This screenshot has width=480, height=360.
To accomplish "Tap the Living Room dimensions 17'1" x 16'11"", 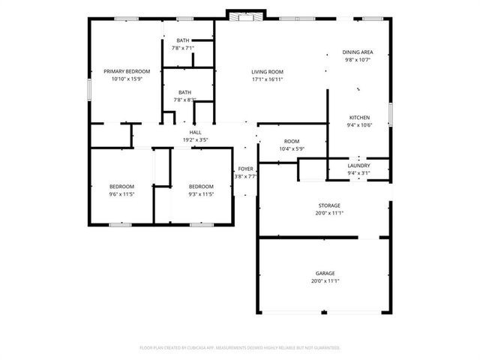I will (267, 79).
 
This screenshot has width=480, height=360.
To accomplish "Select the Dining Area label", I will (358, 52).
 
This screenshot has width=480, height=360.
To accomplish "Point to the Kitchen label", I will (358, 118).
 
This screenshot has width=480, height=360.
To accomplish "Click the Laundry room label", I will (358, 165).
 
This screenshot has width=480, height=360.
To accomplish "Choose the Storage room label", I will (328, 205).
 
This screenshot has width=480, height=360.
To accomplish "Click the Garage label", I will (325, 273).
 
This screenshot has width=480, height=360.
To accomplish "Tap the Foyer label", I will (245, 169).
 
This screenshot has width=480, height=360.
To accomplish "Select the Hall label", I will (195, 132).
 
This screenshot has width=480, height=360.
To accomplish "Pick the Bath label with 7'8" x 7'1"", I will (183, 40).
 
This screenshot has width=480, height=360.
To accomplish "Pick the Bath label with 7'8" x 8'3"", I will (184, 92).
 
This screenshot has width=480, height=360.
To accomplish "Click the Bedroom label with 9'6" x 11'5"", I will (121, 187).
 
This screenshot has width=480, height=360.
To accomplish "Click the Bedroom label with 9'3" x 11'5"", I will (200, 187).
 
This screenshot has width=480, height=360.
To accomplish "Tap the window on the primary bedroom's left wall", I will (88, 88).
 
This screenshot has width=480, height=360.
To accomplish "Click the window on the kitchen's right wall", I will (391, 114).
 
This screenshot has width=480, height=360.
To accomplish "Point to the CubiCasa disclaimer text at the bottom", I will (240, 347).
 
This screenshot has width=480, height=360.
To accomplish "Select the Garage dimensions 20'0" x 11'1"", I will (325, 281).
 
